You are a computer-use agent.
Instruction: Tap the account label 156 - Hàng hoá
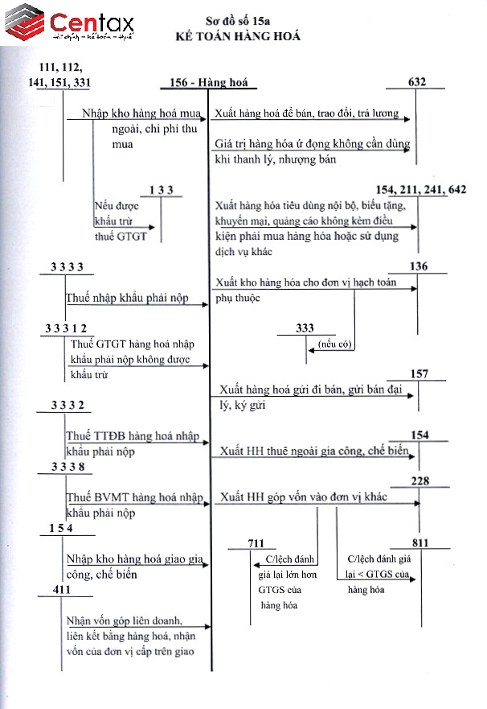tap(210, 83)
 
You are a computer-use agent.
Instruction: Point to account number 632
tap(416, 81)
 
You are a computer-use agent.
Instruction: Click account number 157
tap(419, 374)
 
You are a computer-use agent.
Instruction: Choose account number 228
tap(420, 480)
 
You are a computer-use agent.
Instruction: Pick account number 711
tap(255, 543)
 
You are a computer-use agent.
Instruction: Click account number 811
tap(420, 542)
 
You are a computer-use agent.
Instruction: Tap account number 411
tap(61, 590)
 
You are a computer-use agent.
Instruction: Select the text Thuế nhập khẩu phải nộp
tap(127, 298)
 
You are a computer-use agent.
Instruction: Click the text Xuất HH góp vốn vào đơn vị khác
tap(304, 497)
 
